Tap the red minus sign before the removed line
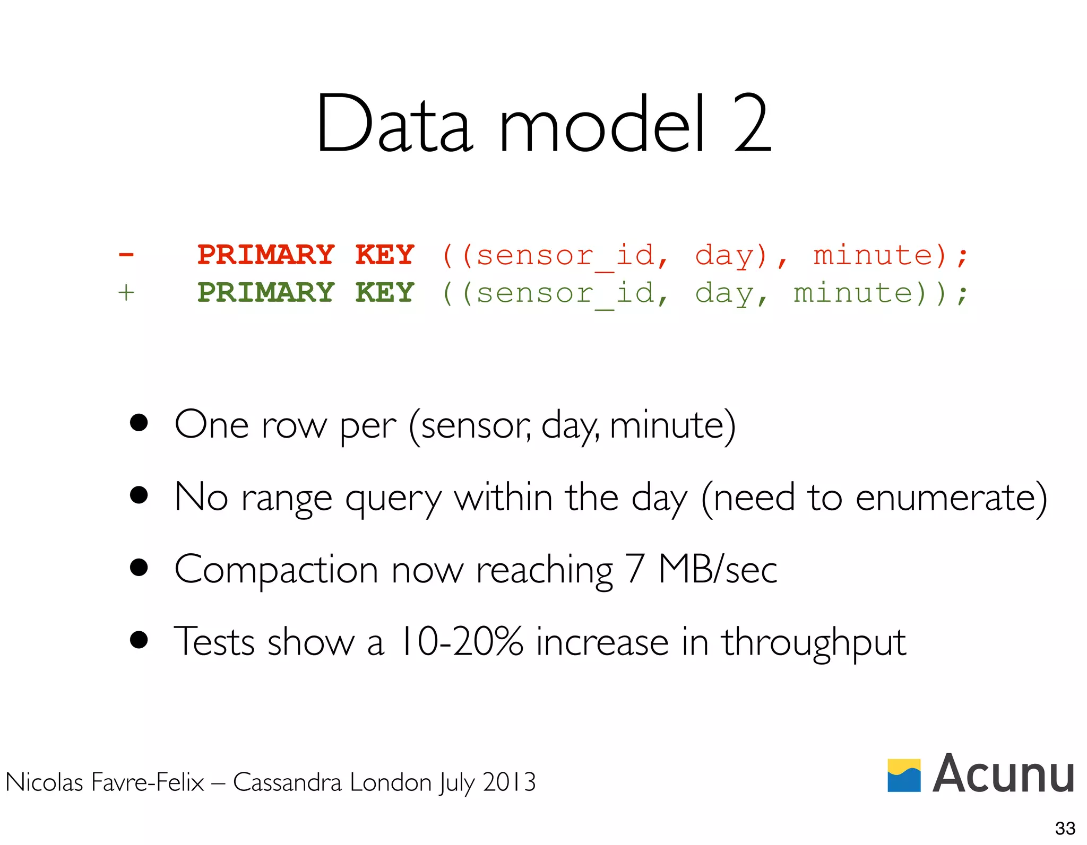126,255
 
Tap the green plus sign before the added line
126,293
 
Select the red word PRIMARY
266,255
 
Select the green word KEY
385,293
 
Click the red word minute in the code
873,255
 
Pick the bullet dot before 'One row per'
139,423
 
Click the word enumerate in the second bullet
944,498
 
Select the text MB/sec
718,570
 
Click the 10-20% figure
461,642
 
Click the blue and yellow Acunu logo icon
904,775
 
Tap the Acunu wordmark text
1003,774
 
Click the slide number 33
1065,827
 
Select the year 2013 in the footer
509,782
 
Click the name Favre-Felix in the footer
148,782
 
